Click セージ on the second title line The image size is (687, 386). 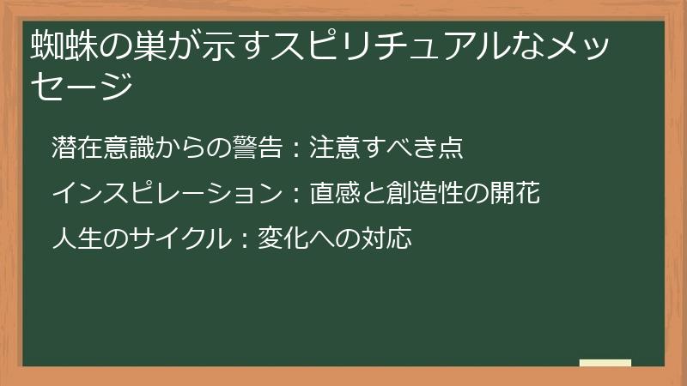tap(82, 86)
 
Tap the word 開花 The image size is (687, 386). tap(515, 194)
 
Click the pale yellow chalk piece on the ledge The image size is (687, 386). tap(605, 363)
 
